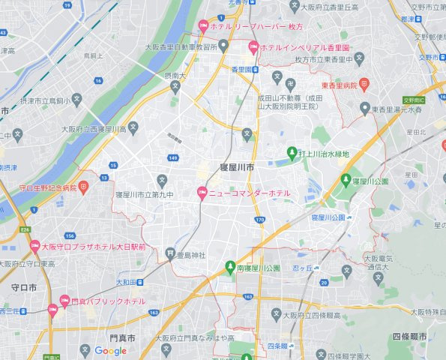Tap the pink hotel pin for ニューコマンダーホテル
point(201,193)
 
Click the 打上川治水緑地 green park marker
point(292,154)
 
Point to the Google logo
point(110,350)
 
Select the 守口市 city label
point(23,287)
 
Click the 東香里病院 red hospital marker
point(364,82)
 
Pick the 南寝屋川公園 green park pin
point(231,267)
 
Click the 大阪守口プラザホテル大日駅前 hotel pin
point(34,246)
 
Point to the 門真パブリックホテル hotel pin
point(52,307)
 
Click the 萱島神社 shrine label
point(189,255)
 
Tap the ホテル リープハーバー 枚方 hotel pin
point(202,25)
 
